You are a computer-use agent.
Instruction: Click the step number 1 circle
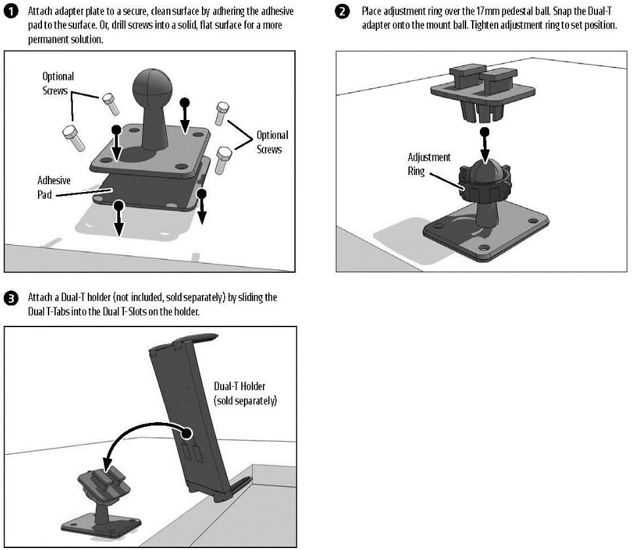coord(11,11)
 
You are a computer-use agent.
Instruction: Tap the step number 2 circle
coord(342,11)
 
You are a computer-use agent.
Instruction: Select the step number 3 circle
coord(11,298)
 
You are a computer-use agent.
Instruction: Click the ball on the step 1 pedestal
coord(152,87)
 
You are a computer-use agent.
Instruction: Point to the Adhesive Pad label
coord(54,187)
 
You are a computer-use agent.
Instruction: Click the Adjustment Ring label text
coord(429,165)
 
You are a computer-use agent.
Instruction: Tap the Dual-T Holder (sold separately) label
coord(245,393)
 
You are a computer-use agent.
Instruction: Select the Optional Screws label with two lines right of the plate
coord(273,142)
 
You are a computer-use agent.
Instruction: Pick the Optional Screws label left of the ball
coord(58,83)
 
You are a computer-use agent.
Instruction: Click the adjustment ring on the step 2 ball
coord(485,185)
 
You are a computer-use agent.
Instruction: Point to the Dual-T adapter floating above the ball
coord(483,93)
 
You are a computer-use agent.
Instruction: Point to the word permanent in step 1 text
coord(47,39)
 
